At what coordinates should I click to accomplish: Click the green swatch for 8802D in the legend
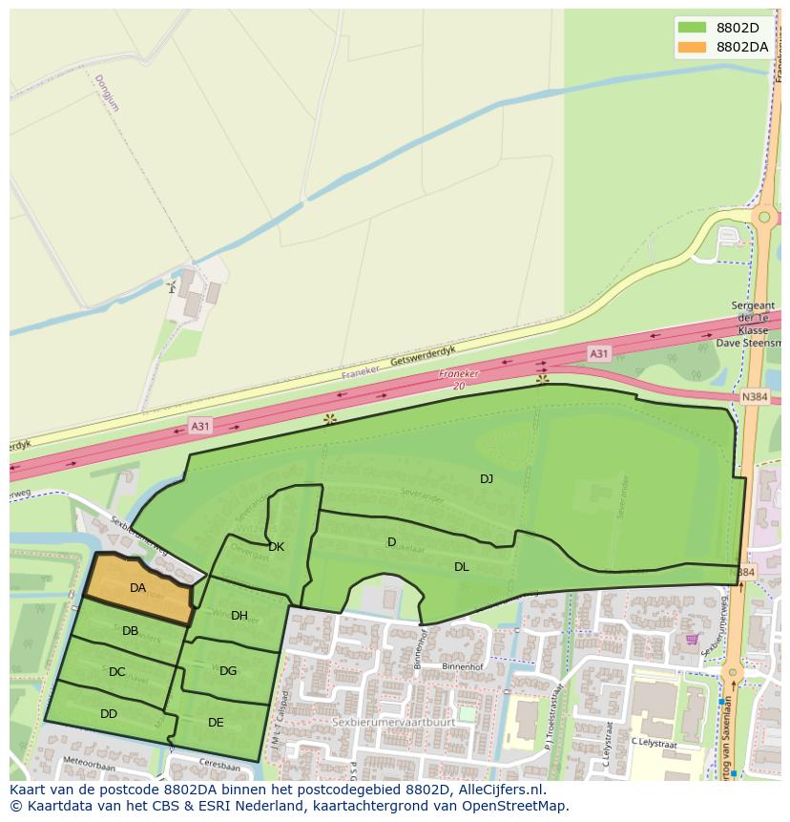692,27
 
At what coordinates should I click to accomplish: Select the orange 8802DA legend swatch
692,46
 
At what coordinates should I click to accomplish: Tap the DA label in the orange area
137,588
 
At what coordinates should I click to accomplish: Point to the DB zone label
130,630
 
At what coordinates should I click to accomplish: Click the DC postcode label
116,672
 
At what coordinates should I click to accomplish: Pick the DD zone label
109,713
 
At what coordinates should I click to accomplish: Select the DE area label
216,723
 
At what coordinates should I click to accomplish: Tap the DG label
228,671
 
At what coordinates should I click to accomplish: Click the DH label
239,616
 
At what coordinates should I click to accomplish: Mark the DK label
276,547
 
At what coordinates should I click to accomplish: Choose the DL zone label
461,566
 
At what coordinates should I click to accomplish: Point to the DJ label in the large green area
487,478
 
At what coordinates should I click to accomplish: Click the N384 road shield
754,396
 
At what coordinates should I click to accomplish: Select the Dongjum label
108,94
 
